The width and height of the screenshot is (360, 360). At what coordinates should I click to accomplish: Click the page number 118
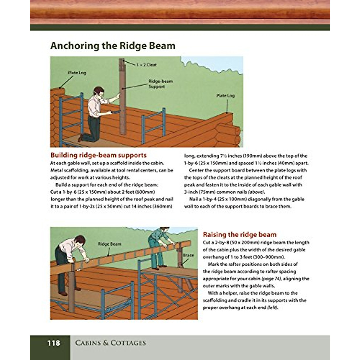coord(53,343)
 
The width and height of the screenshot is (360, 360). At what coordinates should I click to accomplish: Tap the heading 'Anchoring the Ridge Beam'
coord(113,46)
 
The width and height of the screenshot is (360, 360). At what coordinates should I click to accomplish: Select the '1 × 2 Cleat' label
coord(146,64)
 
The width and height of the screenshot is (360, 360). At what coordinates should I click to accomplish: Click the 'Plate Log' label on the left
coord(77,73)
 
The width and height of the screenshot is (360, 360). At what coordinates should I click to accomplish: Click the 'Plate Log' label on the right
coord(225,95)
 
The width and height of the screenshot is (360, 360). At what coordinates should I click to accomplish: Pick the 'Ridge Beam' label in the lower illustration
coord(109,244)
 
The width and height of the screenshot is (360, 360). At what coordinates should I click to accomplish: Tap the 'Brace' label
coord(188,255)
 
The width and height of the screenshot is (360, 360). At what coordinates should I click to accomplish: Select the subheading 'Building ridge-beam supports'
coord(98,155)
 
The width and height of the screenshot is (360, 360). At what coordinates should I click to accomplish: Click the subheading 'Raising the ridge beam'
coord(239,235)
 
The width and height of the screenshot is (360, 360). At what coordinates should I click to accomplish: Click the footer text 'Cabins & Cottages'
coord(110,343)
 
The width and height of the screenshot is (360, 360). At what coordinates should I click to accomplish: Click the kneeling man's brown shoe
coord(80,138)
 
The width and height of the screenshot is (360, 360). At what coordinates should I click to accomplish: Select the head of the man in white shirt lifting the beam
coord(80,240)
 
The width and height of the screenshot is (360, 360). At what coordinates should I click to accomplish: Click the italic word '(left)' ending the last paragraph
coord(272,307)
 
